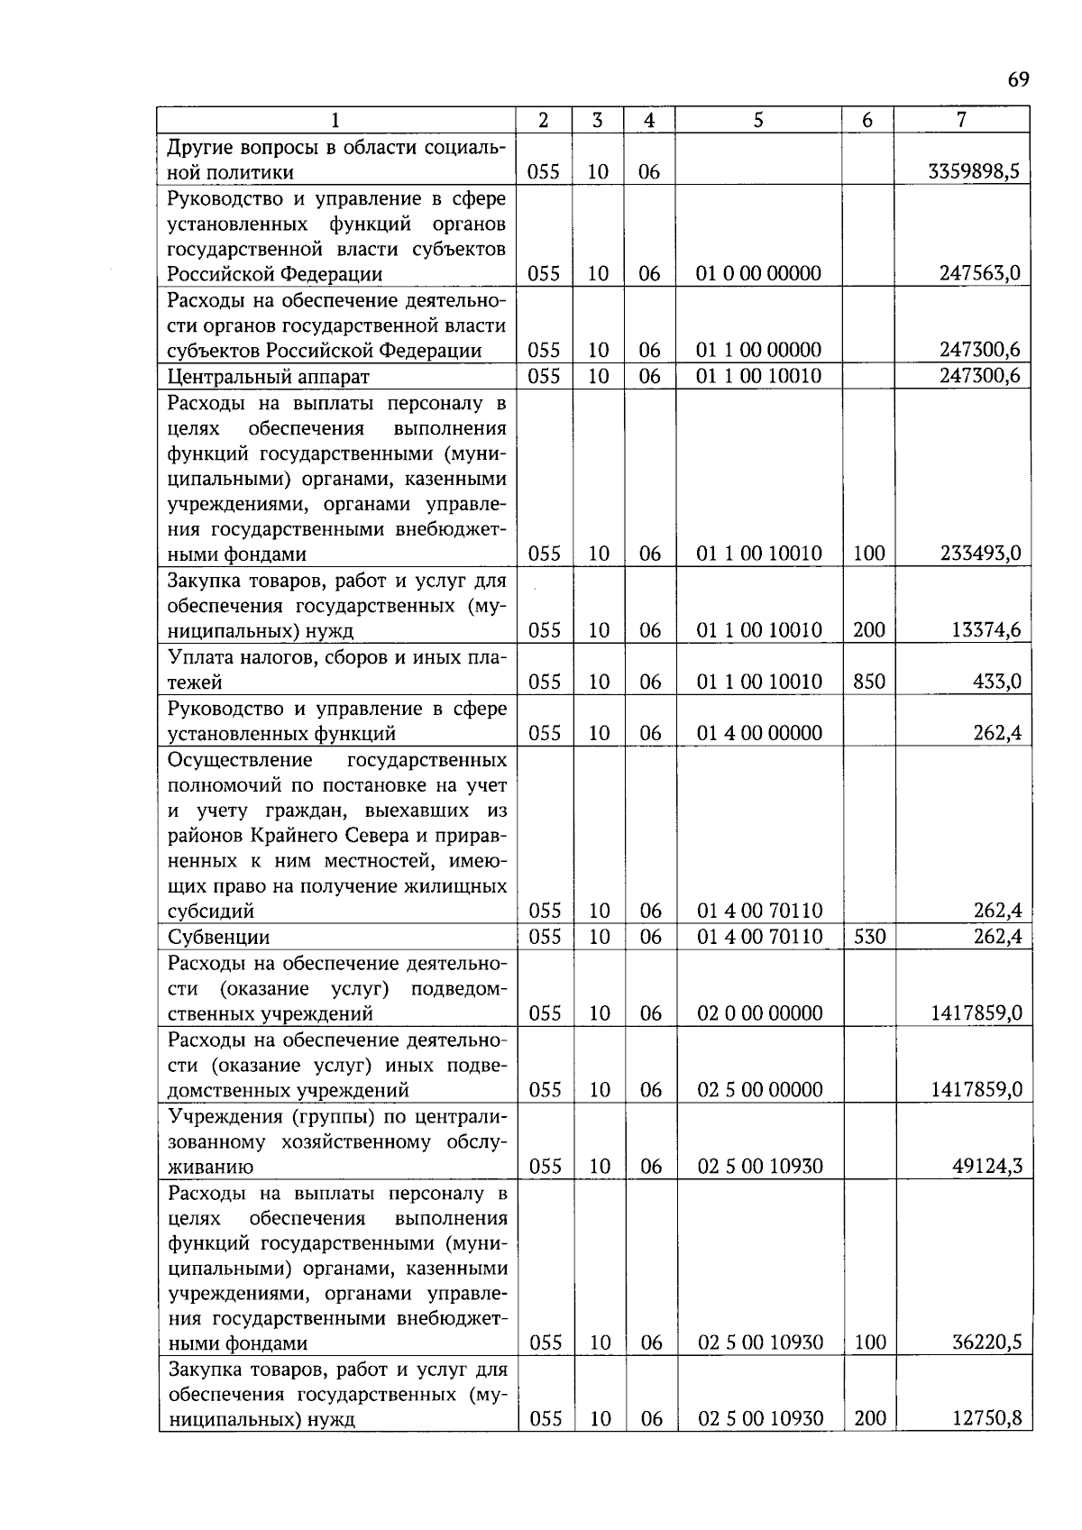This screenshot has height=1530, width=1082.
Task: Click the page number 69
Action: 1017,79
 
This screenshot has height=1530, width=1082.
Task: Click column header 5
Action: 758,120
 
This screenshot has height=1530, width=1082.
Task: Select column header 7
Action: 961,120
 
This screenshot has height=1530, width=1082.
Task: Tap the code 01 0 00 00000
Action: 758,273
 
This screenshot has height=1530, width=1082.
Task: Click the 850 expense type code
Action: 868,682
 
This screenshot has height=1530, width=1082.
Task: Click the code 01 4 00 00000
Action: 759,733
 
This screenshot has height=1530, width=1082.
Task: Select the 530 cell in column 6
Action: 869,937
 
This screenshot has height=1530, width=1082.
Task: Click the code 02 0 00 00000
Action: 760,1013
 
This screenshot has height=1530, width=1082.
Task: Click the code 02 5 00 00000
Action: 760,1090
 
